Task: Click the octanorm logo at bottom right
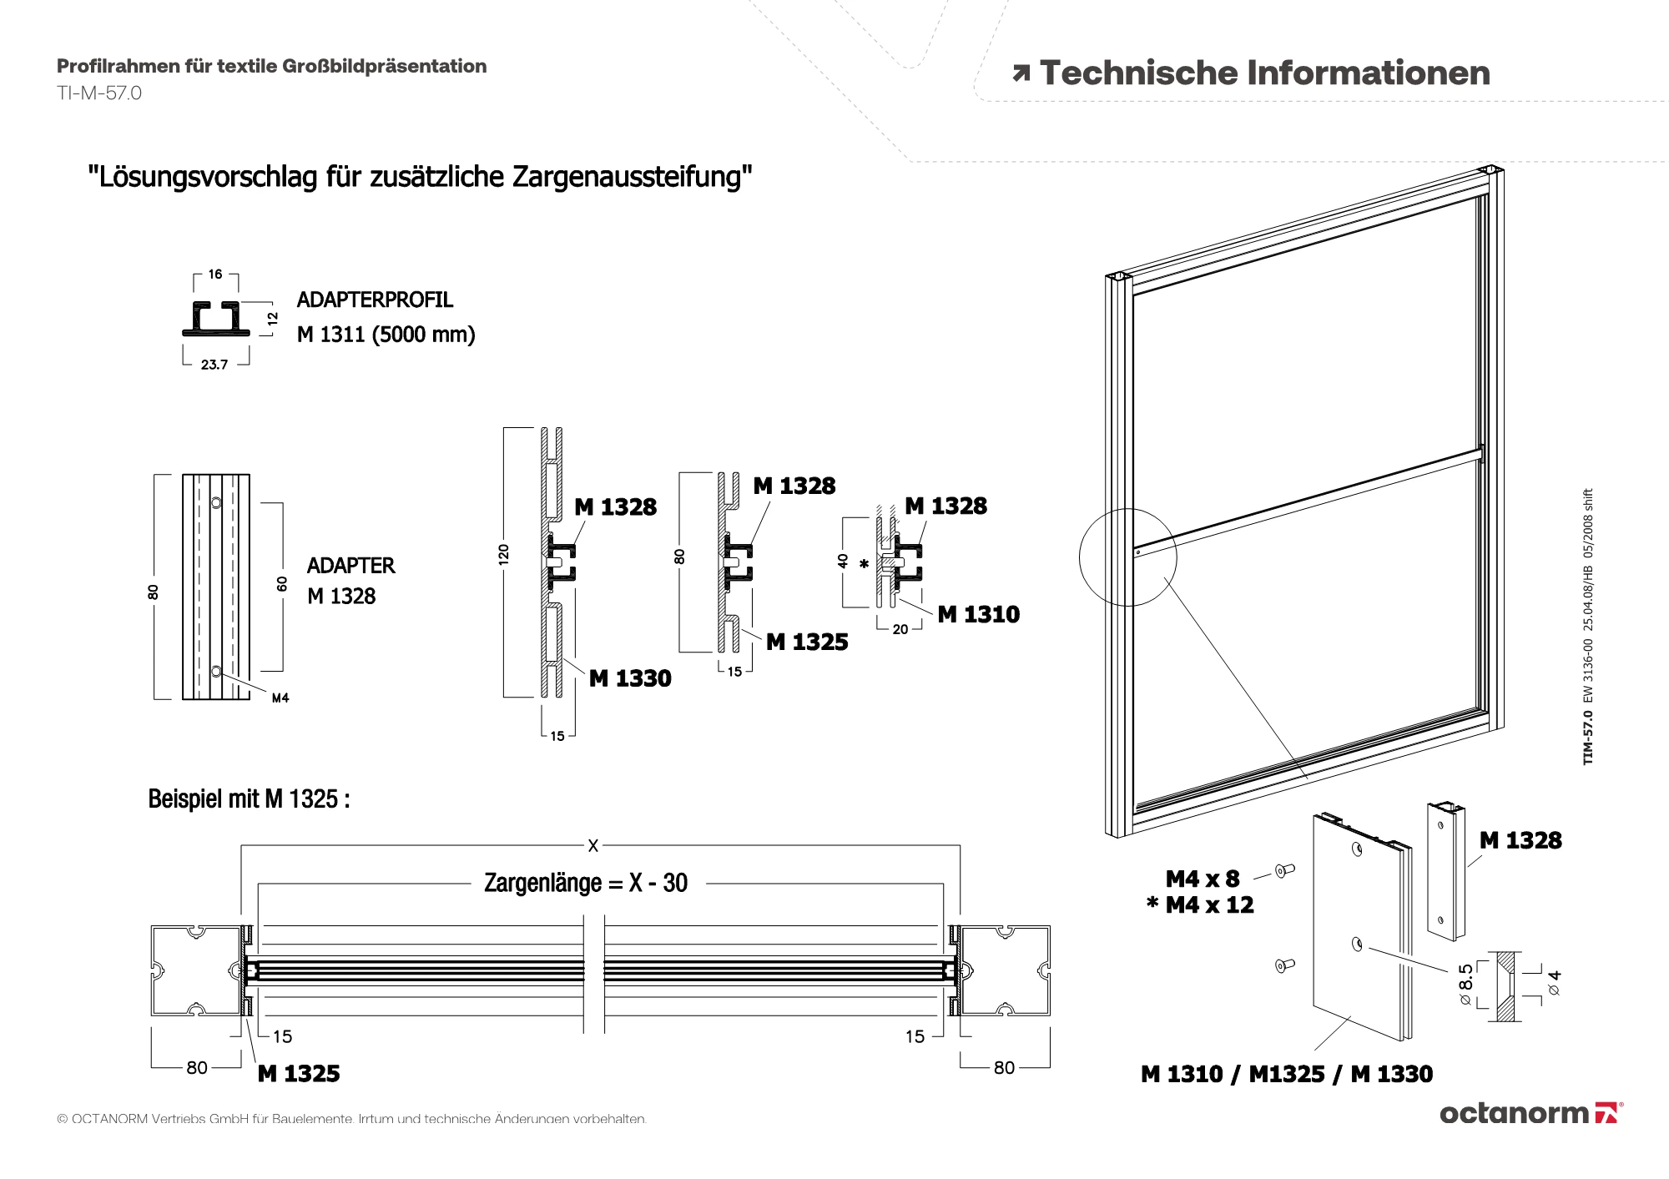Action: pos(1530,1113)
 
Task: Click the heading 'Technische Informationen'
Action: pos(1263,73)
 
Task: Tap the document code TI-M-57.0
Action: pos(99,93)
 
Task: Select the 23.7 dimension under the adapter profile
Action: pos(214,365)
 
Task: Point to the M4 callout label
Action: pos(280,698)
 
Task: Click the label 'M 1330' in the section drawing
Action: pos(630,678)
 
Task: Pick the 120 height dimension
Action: pos(503,554)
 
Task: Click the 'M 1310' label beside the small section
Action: pos(978,615)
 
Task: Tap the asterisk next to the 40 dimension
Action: pos(865,565)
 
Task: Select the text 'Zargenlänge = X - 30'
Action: pos(586,883)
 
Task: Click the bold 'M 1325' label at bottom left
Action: pos(299,1074)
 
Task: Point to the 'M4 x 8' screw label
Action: pos(1203,879)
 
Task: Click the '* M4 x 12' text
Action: pos(1201,904)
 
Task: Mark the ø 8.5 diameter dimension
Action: pos(1466,984)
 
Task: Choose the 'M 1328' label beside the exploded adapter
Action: pos(1520,840)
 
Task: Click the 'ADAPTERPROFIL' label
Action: pos(375,300)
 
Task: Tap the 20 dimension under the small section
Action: pos(900,630)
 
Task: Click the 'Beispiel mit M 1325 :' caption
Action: pos(249,799)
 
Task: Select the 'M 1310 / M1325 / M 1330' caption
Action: pos(1287,1074)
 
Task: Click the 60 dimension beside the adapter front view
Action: pos(282,584)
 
